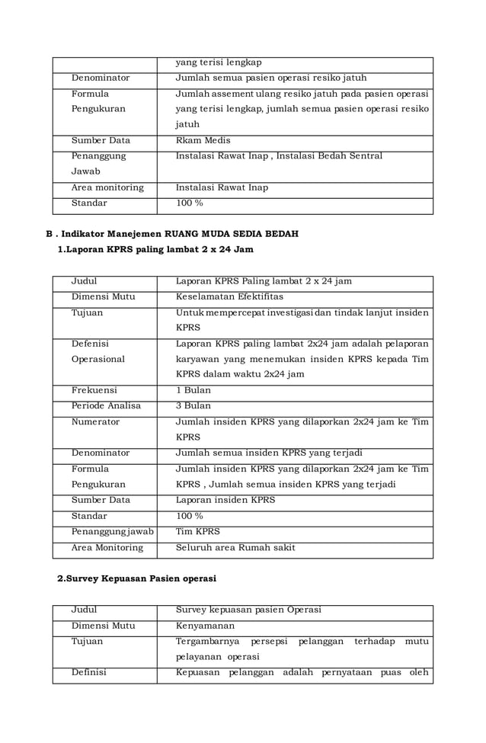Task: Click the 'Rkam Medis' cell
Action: click(x=203, y=140)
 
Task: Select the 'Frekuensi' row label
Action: click(x=92, y=390)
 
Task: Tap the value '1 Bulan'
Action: click(x=193, y=390)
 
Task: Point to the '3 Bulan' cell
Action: click(x=193, y=405)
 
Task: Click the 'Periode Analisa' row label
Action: click(x=106, y=405)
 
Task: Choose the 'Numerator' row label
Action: click(x=95, y=421)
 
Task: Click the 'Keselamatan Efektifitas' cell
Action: click(x=229, y=296)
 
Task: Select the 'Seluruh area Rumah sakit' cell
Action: click(x=235, y=547)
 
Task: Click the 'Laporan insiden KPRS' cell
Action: click(x=225, y=500)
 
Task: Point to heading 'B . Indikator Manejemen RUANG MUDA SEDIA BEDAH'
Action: click(x=172, y=233)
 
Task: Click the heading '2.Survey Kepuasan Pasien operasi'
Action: click(x=137, y=578)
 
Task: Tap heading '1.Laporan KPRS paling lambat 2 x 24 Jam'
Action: click(x=155, y=249)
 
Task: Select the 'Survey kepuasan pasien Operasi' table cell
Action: click(x=248, y=610)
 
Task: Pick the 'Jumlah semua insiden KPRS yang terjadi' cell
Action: click(x=269, y=453)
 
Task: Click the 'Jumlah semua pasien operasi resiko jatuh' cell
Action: click(x=271, y=78)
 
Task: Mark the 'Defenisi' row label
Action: click(x=90, y=344)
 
